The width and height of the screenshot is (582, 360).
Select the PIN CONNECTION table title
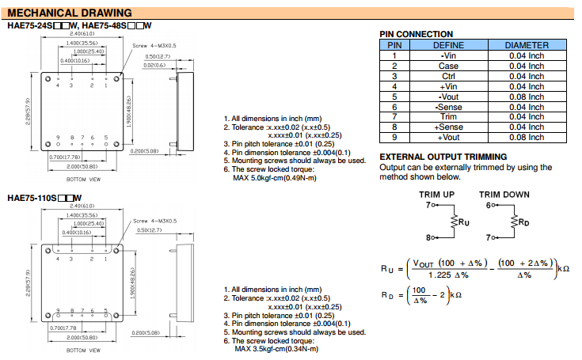click(417, 34)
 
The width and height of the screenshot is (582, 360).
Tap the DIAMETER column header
click(527, 45)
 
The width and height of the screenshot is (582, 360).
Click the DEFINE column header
click(448, 45)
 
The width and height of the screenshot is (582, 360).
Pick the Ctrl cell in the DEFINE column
click(448, 76)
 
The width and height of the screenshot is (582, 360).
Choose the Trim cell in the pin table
click(448, 117)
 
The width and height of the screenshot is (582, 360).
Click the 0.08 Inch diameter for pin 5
click(527, 97)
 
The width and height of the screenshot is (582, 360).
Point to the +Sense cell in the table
click(448, 127)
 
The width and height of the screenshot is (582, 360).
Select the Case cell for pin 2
click(448, 66)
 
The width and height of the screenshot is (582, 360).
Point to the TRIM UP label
click(437, 195)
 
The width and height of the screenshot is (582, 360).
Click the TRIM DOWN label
click(504, 195)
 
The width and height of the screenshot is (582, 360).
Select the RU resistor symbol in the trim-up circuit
click(454, 222)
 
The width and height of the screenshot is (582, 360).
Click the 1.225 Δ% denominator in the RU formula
click(449, 275)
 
